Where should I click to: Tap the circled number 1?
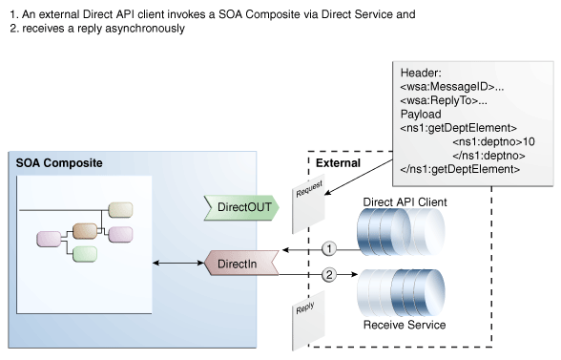329,248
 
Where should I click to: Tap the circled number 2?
329,276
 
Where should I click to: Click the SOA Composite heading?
59,163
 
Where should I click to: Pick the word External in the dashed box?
338,163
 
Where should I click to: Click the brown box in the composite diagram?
86,231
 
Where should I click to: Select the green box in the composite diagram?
85,254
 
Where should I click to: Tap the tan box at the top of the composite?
120,209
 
